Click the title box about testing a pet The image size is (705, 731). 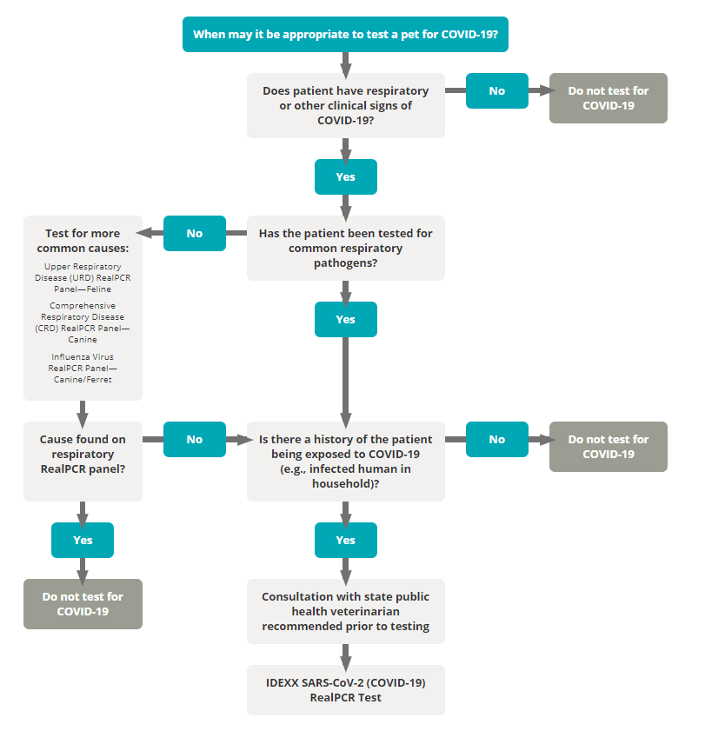[345, 34]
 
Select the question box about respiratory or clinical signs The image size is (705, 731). [345, 105]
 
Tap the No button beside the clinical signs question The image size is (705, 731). [497, 91]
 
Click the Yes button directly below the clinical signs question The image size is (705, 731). [345, 176]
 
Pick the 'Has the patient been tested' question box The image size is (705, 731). [345, 248]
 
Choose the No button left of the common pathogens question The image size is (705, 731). [195, 233]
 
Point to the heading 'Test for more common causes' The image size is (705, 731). [83, 241]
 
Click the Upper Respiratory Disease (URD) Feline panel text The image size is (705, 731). [83, 278]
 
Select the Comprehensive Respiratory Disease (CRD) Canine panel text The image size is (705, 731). [83, 322]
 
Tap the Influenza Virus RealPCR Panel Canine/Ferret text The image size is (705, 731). [83, 369]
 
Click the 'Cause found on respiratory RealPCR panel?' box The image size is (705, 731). [83, 462]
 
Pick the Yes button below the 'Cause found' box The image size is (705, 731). [83, 540]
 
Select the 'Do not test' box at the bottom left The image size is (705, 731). [83, 604]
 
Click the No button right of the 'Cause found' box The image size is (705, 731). [195, 439]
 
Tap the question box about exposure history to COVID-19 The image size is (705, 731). [345, 462]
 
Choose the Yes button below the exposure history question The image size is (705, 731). [345, 540]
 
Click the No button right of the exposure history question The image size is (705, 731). [497, 439]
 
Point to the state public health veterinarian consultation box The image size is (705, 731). [345, 611]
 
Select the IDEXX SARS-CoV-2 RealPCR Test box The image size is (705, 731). [345, 690]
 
